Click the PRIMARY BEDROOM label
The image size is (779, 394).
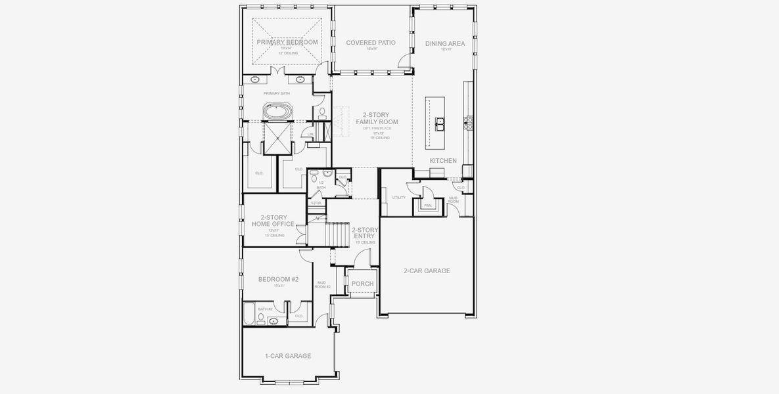click(x=287, y=43)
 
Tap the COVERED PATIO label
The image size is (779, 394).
click(x=371, y=43)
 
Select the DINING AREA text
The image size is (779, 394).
click(x=445, y=44)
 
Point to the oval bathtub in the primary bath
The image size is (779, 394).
click(x=279, y=112)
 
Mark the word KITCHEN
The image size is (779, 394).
click(x=443, y=161)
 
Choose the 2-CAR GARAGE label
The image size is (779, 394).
click(x=427, y=271)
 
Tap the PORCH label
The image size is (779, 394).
click(x=362, y=284)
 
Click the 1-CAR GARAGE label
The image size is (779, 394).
click(x=288, y=356)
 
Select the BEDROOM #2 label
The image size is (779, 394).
click(x=278, y=280)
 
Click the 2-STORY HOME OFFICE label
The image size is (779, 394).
click(x=273, y=221)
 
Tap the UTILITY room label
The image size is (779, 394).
click(x=398, y=197)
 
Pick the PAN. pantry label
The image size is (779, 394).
click(x=427, y=206)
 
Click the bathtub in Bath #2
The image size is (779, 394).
click(x=250, y=314)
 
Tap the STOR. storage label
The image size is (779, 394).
click(x=316, y=203)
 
